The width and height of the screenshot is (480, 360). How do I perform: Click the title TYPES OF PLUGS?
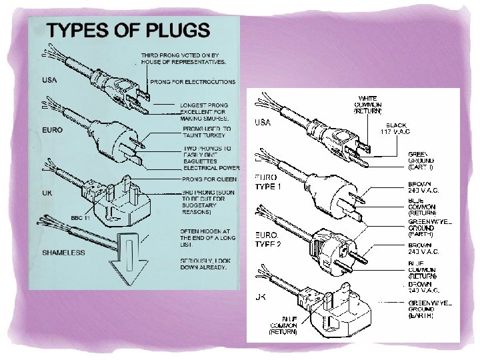tap(127, 31)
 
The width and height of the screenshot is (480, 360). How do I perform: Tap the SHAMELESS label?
tap(64, 252)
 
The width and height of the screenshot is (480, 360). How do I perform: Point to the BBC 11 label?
tap(81, 217)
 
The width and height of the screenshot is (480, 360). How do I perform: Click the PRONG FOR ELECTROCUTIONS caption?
tap(193, 82)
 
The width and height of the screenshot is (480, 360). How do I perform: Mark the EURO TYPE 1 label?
tap(268, 181)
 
